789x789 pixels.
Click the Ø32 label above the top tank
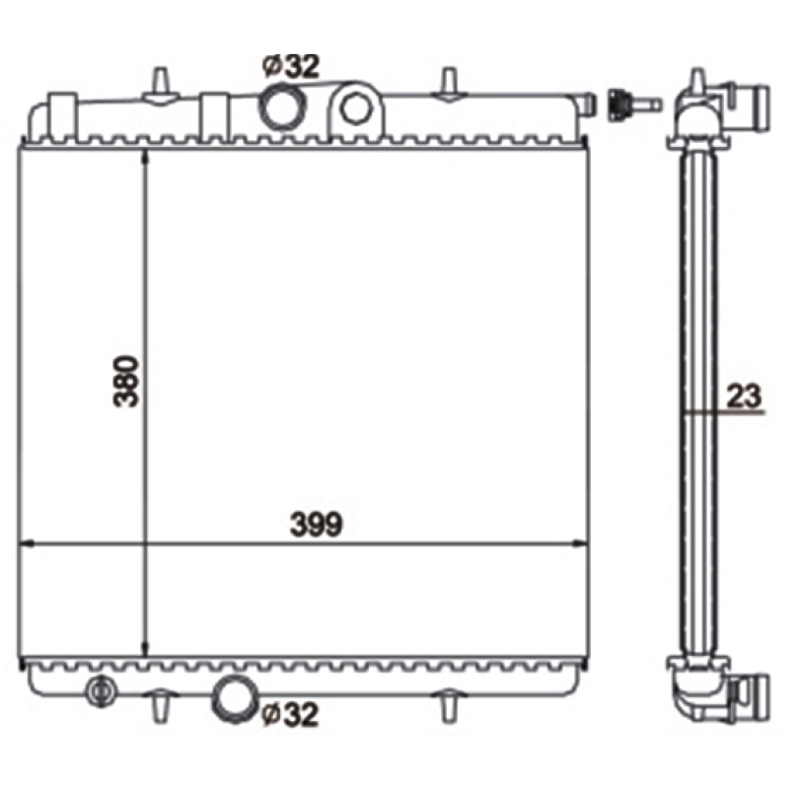tap(291, 66)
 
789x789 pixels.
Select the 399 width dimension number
tap(315, 526)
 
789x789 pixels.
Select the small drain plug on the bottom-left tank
tap(99, 692)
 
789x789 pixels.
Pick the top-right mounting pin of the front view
tap(448, 81)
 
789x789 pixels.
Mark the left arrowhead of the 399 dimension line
tap(27, 543)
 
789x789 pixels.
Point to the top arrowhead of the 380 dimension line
tap(146, 159)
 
